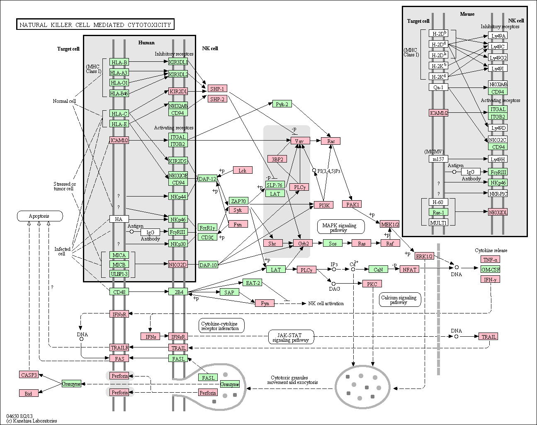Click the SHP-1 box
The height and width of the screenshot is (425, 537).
click(x=217, y=89)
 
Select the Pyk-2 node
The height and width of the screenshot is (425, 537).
click(x=282, y=104)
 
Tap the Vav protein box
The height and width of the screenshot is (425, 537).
click(x=300, y=141)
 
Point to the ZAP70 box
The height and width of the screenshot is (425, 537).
click(x=238, y=201)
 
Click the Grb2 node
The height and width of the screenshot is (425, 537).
click(x=303, y=243)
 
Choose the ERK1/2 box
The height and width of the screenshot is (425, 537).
click(x=424, y=256)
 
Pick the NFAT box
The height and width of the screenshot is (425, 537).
click(x=409, y=269)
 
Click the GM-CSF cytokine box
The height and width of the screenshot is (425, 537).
click(x=490, y=269)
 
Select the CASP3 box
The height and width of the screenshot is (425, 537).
click(x=29, y=374)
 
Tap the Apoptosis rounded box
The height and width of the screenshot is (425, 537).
click(x=40, y=216)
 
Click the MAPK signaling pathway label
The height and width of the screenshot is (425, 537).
click(x=341, y=227)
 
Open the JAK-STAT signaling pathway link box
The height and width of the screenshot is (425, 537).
click(x=291, y=337)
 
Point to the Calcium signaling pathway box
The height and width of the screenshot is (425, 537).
click(x=400, y=300)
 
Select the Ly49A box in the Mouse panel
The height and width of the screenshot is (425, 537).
click(x=498, y=35)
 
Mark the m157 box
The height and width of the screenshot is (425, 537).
click(x=438, y=159)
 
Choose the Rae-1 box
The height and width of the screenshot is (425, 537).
click(x=438, y=212)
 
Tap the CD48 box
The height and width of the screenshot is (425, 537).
click(x=119, y=291)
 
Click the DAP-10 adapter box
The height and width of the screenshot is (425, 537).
click(x=208, y=265)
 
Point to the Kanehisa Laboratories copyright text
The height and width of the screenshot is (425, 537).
click(x=32, y=421)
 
